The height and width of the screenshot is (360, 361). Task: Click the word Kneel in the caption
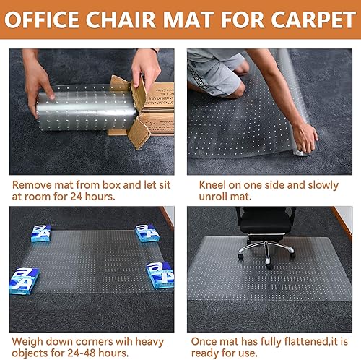point(213,184)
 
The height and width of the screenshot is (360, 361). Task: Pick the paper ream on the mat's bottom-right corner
point(159,274)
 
